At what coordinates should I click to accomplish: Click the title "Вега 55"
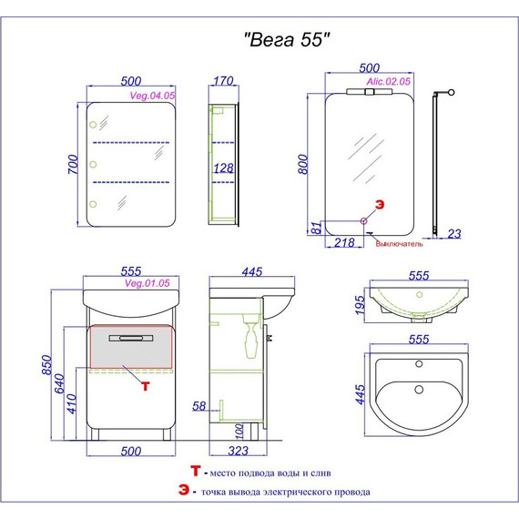[287, 39]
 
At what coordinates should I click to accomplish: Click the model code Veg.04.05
[152, 96]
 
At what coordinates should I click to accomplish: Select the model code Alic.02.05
[388, 81]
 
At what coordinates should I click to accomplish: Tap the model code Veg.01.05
[148, 283]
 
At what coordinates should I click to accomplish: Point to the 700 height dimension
[73, 164]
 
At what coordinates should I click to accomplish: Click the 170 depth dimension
[223, 81]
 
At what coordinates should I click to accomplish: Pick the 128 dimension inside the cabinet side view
[223, 168]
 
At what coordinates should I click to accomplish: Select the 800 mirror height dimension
[303, 164]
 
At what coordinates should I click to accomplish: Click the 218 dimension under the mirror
[344, 242]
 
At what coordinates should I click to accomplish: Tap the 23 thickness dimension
[454, 234]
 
